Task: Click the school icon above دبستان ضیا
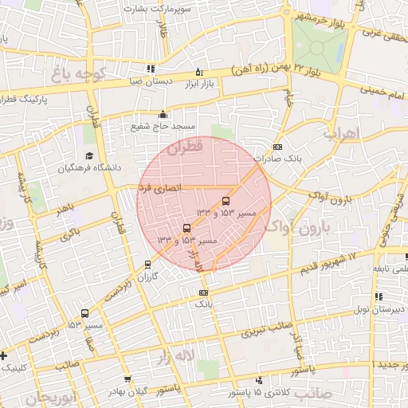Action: (151, 69)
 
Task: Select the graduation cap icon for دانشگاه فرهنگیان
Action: (89, 155)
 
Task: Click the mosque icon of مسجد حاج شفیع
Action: (163, 113)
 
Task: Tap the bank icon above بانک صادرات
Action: (277, 147)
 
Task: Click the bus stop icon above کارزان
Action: (147, 265)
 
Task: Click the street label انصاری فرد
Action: (160, 188)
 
